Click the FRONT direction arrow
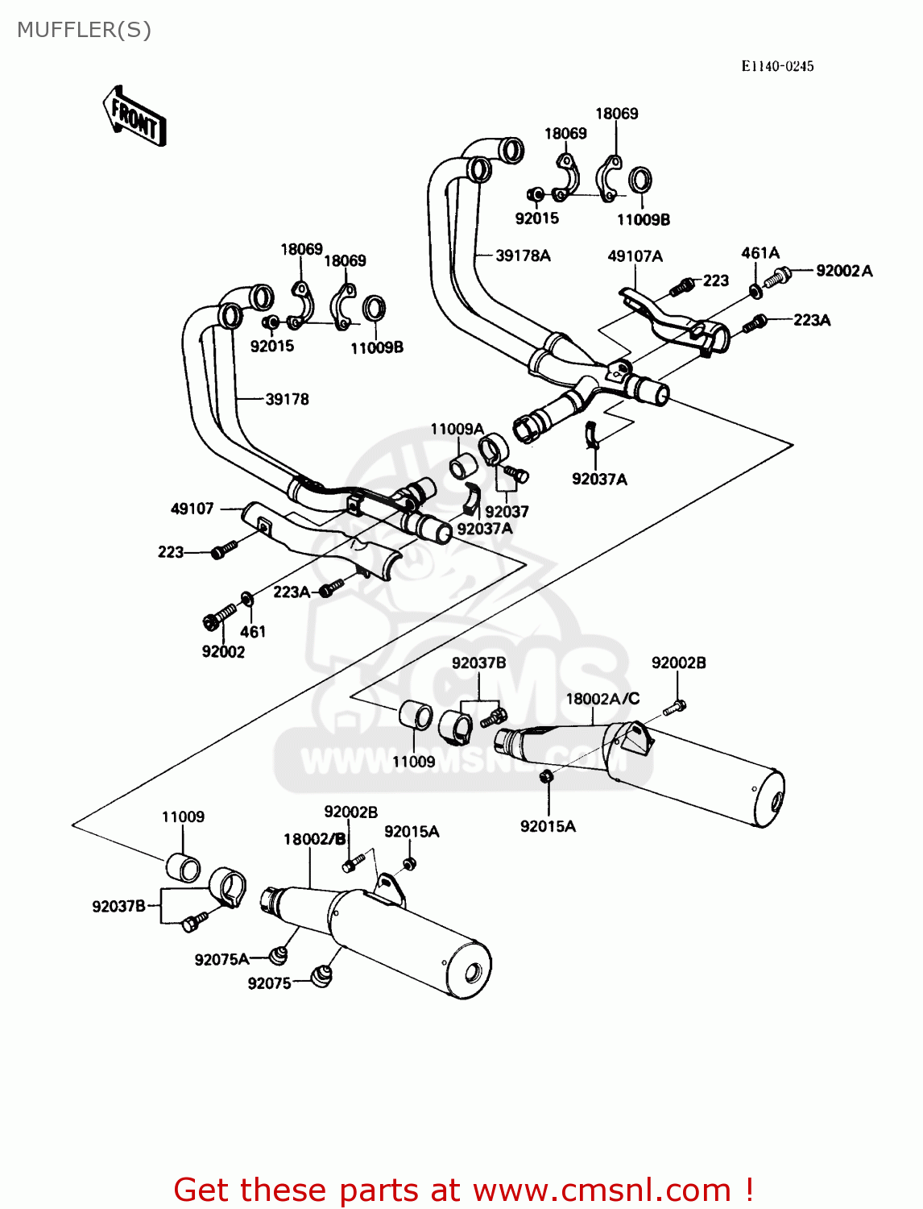click(134, 116)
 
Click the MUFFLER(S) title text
click(84, 30)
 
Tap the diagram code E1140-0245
click(777, 66)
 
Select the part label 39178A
click(523, 256)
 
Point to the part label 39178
click(287, 399)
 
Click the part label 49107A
click(635, 256)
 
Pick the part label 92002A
click(844, 271)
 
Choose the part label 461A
click(760, 253)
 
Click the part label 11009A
click(457, 429)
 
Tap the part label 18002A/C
click(602, 699)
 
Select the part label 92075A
click(221, 959)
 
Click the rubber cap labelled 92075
click(321, 976)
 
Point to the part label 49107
click(192, 509)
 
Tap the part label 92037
click(507, 511)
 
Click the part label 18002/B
click(314, 839)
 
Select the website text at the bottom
click(463, 1190)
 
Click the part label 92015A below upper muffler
click(548, 826)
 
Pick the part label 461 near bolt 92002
click(253, 632)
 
